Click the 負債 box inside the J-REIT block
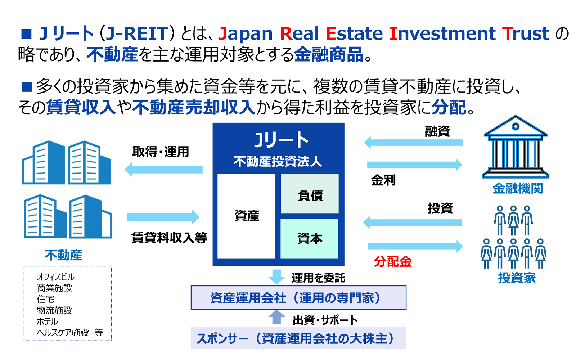pyautogui.click(x=310, y=194)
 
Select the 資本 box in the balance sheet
pyautogui.click(x=310, y=239)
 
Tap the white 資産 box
pyautogui.click(x=246, y=216)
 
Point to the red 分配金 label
pyautogui.click(x=393, y=261)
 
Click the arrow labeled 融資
pyautogui.click(x=413, y=143)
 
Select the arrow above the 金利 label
pyautogui.click(x=415, y=165)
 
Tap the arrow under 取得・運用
pyautogui.click(x=164, y=170)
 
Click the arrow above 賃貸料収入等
pyautogui.click(x=163, y=217)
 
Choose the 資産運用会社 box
pyautogui.click(x=298, y=298)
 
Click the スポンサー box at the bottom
pyautogui.click(x=298, y=338)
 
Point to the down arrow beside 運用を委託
pyautogui.click(x=276, y=277)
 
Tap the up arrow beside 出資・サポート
pyautogui.click(x=276, y=317)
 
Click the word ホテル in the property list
pyautogui.click(x=47, y=321)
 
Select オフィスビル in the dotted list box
pyautogui.click(x=56, y=277)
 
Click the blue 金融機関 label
pyautogui.click(x=518, y=188)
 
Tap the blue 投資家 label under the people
pyautogui.click(x=517, y=278)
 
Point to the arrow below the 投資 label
pyautogui.click(x=412, y=222)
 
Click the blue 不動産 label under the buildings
pyautogui.click(x=63, y=255)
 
